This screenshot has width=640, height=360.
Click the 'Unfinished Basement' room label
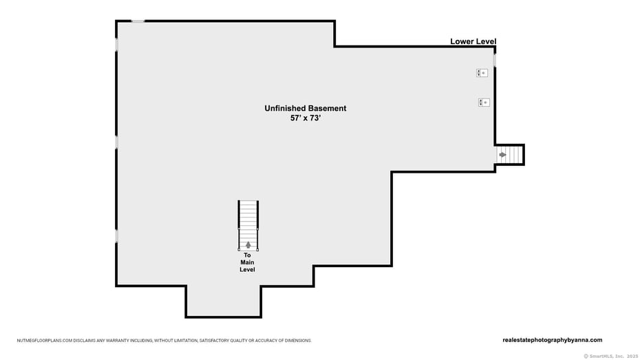pos(305,108)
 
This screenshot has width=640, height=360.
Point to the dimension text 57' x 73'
pos(305,118)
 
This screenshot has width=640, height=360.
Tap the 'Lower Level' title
pos(473,41)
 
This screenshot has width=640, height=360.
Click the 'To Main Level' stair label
pos(247,262)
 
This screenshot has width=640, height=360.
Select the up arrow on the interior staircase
pos(248,244)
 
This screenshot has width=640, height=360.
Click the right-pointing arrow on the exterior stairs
pos(502,155)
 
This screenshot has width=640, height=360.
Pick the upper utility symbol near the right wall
pos(482,73)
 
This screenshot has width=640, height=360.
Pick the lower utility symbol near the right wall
pos(484,103)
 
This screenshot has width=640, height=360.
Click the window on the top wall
pos(138,21)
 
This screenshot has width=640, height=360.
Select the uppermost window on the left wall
pos(116,44)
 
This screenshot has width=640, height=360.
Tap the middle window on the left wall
pos(116,142)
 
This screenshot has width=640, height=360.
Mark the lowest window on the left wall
pos(116,235)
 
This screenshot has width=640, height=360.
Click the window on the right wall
pos(494,61)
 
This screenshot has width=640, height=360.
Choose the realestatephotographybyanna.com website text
pos(552,339)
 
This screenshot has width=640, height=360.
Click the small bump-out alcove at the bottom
pos(223,301)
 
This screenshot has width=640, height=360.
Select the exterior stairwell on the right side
pos(509,155)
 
